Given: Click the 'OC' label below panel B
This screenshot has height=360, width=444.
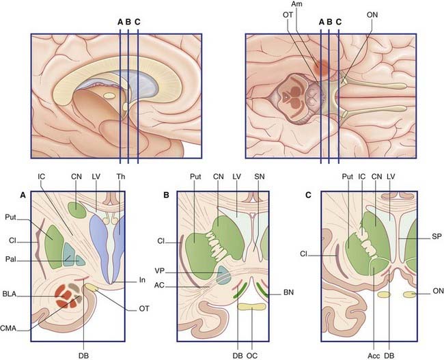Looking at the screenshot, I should pos(251,353).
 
